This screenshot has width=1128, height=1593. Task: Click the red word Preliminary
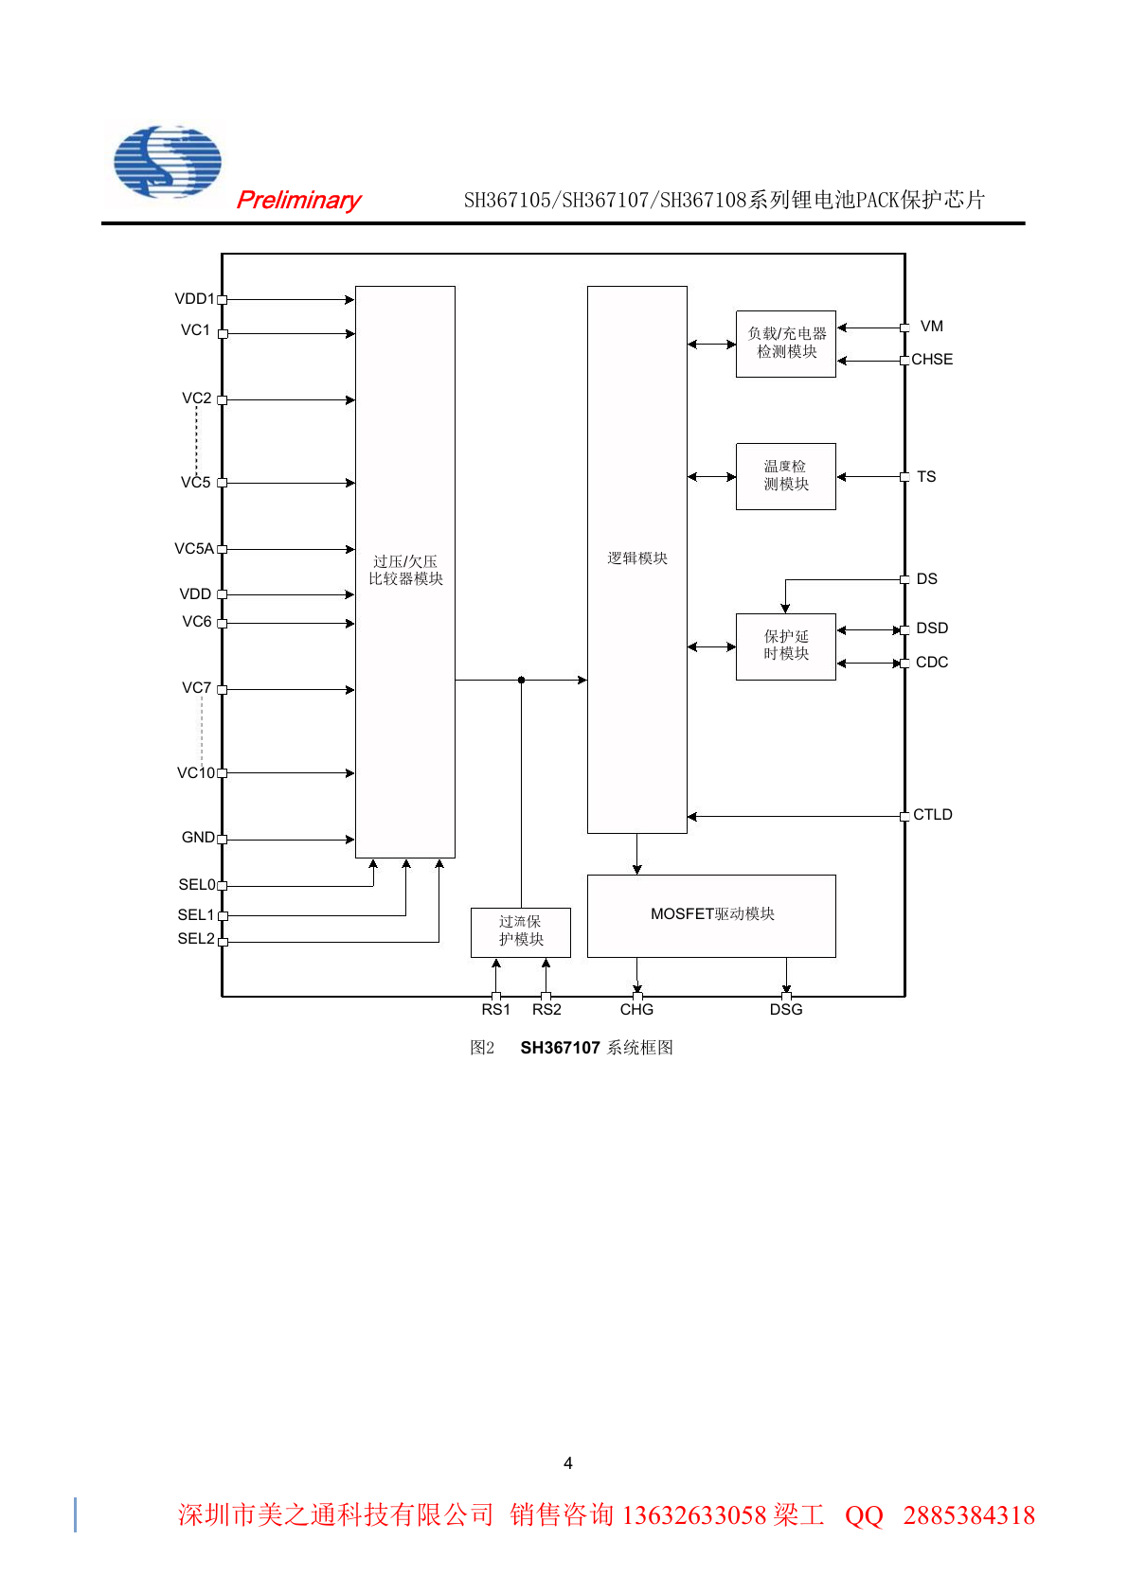click(298, 201)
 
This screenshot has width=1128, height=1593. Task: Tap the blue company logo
click(168, 162)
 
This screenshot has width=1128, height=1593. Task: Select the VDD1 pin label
click(194, 299)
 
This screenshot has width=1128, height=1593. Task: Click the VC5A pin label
click(194, 548)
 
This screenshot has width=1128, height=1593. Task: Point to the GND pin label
click(198, 837)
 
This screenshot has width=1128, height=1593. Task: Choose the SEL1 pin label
click(196, 914)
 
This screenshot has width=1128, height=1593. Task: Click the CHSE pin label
click(932, 359)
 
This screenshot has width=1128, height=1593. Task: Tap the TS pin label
click(926, 476)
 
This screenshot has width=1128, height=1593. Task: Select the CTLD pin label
click(932, 814)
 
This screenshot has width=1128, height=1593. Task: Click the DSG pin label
click(786, 1009)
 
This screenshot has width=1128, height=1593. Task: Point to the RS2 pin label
click(546, 1009)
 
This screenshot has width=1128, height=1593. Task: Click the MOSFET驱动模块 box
click(711, 916)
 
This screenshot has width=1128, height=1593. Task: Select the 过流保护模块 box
click(521, 932)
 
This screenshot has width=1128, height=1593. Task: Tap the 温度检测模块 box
click(786, 476)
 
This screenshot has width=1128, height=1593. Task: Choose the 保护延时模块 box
click(786, 646)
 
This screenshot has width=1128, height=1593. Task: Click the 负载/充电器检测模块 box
click(786, 344)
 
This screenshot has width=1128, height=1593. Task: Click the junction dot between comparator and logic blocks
click(522, 680)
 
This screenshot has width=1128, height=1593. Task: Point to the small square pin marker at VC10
click(222, 773)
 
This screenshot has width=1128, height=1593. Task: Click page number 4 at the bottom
click(568, 1463)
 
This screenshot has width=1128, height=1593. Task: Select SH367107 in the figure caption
click(560, 1048)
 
